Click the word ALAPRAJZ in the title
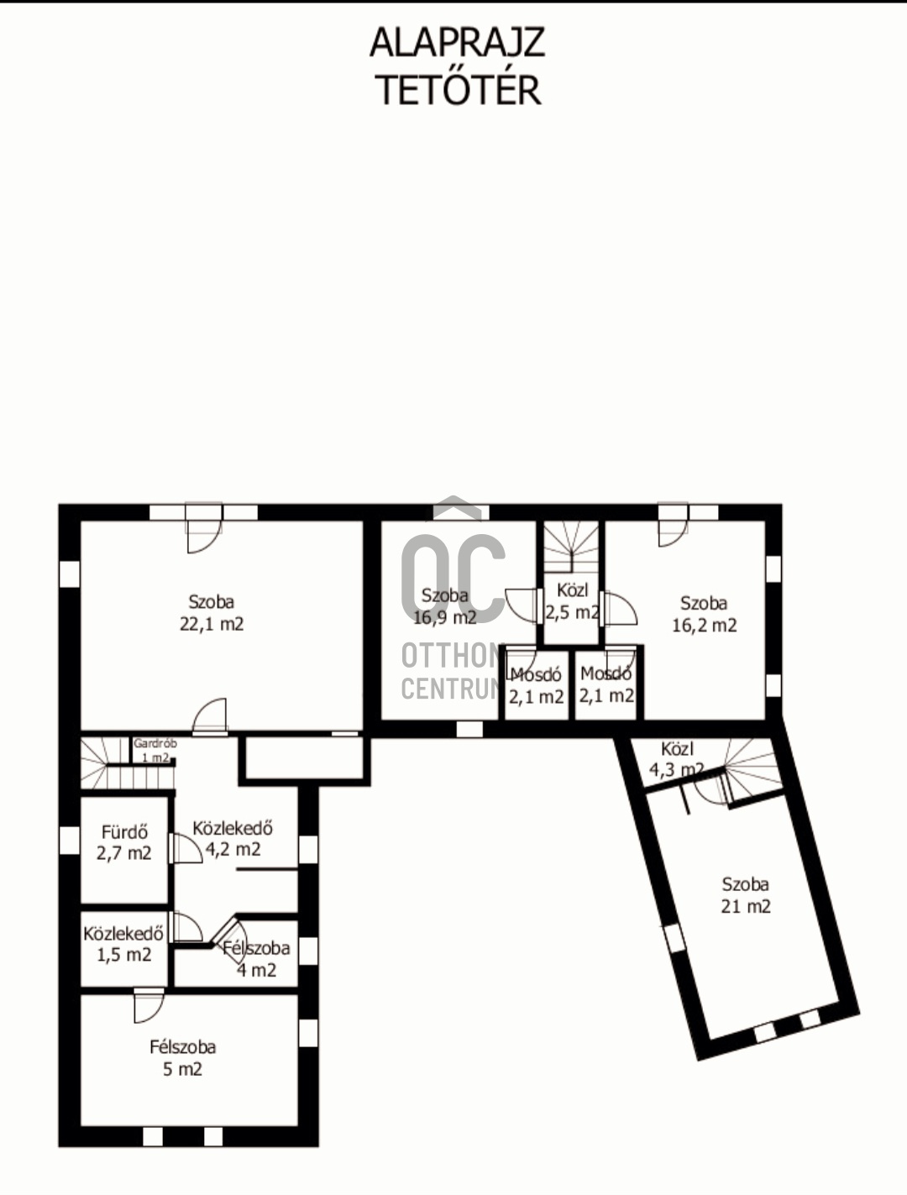pos(458,43)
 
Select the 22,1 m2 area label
pos(212,624)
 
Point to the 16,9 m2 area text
pos(445,617)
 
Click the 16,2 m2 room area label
pos(705,625)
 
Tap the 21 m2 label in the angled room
pos(746,906)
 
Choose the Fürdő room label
pos(124,832)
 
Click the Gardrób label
pos(155,743)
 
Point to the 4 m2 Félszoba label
pos(256,970)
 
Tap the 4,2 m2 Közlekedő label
pos(233,849)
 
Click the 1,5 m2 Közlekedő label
pos(124,955)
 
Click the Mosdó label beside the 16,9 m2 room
pos(536,674)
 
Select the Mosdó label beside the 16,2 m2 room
pos(606,674)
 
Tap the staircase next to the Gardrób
pos(128,763)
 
